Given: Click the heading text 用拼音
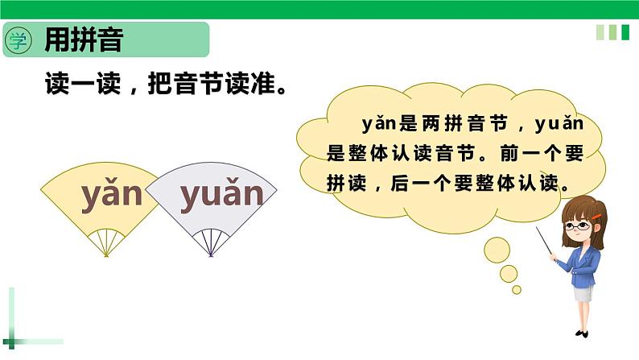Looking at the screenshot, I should pyautogui.click(x=84, y=40).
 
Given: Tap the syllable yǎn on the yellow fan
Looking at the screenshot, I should pyautogui.click(x=111, y=197).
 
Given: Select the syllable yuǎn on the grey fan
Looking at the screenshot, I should pyautogui.click(x=221, y=196).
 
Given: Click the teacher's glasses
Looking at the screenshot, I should pyautogui.click(x=577, y=226).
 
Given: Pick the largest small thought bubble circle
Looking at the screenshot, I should pyautogui.click(x=496, y=249).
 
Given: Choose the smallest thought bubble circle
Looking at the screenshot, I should pyautogui.click(x=517, y=289).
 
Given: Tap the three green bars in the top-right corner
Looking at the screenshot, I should pyautogui.click(x=612, y=32).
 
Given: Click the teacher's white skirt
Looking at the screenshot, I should pyautogui.click(x=583, y=292).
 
